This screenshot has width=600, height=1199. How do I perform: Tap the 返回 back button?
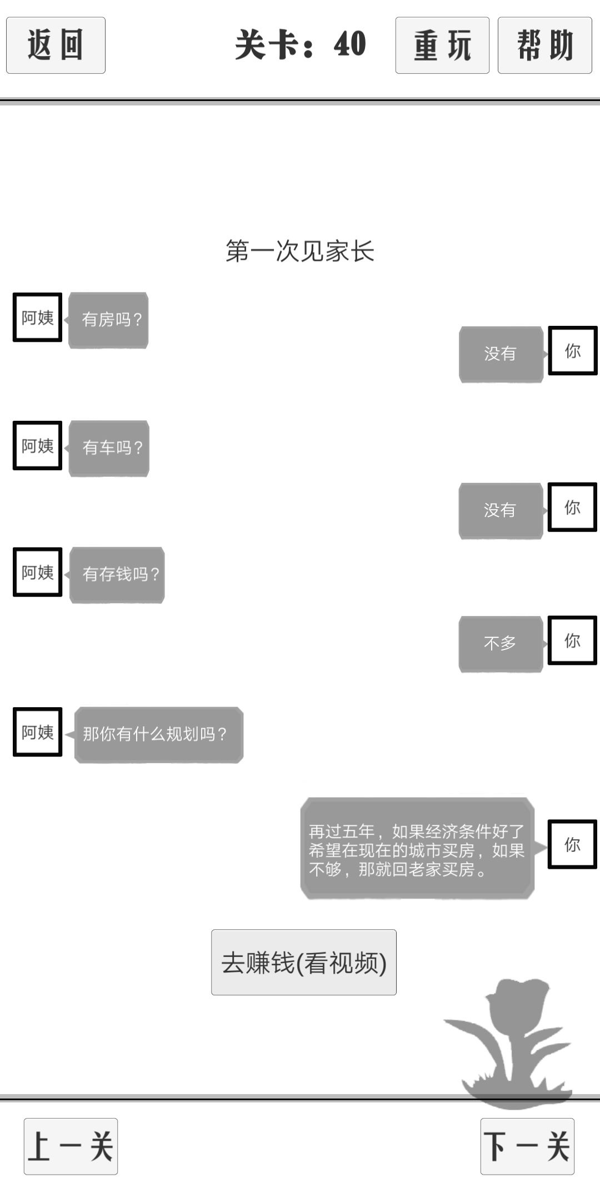point(56,45)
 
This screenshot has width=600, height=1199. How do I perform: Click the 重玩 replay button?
point(442,45)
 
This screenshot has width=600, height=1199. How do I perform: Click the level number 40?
point(350,44)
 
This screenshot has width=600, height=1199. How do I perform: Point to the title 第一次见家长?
point(300,251)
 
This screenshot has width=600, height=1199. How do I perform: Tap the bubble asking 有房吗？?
point(108,320)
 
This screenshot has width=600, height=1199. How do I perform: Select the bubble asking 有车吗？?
point(109,448)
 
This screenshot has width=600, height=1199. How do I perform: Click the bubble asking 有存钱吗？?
point(117,575)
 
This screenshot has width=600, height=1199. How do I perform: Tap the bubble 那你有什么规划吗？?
point(159,734)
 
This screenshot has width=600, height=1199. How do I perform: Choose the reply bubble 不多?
point(501,644)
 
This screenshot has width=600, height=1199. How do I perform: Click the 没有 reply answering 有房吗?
point(501,354)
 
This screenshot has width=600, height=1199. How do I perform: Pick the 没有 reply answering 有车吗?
point(501,511)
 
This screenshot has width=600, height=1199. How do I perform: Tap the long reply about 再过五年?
point(417,848)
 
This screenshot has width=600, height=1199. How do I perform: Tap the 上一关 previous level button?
point(71,1146)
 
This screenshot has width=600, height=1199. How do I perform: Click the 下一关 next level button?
point(527,1146)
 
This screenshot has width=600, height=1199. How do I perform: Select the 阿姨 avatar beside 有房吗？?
point(37,317)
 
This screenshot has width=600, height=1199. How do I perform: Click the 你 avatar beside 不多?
point(572,640)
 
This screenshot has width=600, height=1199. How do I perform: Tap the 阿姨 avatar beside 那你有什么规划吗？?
point(37,732)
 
